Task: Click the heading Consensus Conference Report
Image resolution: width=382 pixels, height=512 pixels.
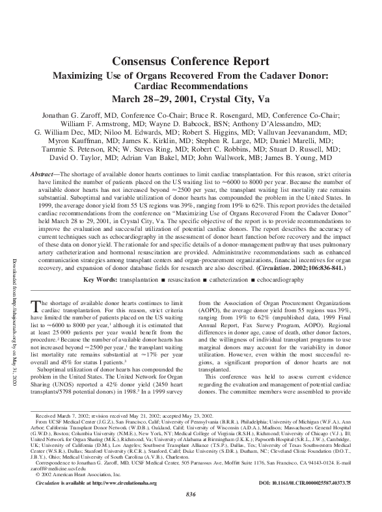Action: pos(191,61)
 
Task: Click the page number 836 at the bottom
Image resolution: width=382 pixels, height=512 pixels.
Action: pos(191,496)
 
